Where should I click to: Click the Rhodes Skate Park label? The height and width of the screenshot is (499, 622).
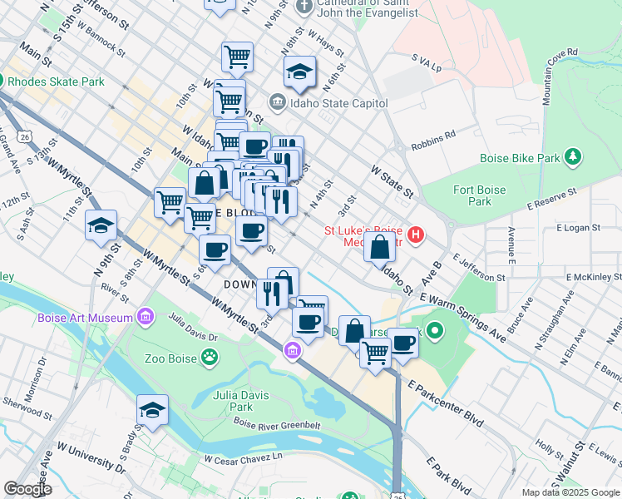57,82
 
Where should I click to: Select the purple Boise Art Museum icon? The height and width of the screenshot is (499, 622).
146,317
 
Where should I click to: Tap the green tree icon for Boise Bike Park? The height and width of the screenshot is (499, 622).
572,156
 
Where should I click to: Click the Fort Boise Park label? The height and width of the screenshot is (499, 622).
480,195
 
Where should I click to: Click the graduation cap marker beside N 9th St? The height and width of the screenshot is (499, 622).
101,225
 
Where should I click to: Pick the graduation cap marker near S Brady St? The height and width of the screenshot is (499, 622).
153,410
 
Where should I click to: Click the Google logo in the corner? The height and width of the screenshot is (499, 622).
27,489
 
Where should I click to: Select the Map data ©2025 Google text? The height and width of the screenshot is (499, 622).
570,492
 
